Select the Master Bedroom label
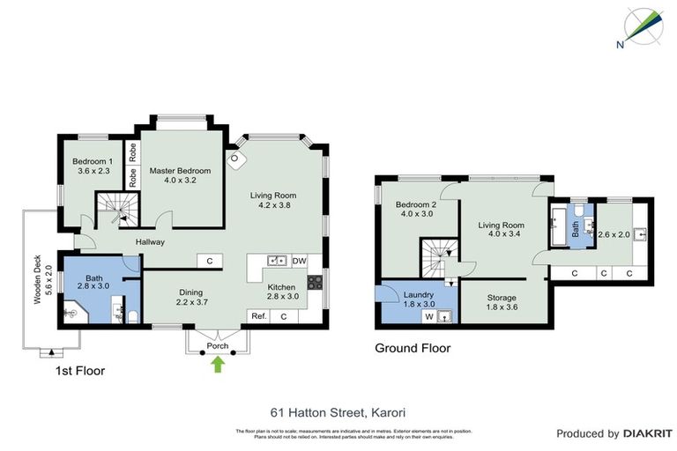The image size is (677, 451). coord(180,175)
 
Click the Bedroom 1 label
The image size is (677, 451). coord(93,166)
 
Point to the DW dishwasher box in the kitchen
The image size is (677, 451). coord(299,261)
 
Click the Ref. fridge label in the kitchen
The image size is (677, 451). coord(258,316)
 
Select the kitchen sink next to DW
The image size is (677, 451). coord(277,261)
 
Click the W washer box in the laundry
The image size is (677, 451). coord(429,316)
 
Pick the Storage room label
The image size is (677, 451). coord(502,303)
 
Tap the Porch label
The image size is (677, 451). coord(218,345)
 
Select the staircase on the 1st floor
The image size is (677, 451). coord(112,209)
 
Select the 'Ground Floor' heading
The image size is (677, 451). coord(413,348)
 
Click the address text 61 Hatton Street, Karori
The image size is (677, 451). coord(338,411)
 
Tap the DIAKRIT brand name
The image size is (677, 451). coord(648,433)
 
